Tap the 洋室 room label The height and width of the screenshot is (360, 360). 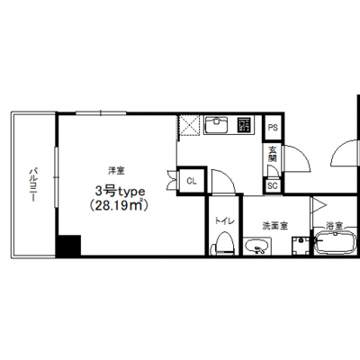(116, 171)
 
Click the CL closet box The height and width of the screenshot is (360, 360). (192, 181)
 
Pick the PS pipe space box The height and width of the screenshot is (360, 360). (273, 128)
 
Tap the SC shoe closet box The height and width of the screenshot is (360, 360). (273, 185)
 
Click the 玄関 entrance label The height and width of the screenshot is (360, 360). (272, 154)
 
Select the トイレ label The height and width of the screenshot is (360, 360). (224, 221)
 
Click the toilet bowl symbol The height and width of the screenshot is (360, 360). (222, 244)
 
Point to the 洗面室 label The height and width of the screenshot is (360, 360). (275, 226)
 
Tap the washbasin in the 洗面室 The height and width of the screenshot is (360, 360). (257, 247)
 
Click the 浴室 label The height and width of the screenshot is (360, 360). (335, 225)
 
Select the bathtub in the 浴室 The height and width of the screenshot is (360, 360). (336, 242)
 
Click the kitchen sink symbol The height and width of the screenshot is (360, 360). (216, 125)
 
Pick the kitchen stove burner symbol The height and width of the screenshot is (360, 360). (245, 125)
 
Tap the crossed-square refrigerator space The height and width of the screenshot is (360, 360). (189, 125)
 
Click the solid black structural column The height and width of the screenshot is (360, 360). (68, 246)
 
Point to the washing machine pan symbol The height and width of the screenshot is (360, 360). (301, 246)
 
